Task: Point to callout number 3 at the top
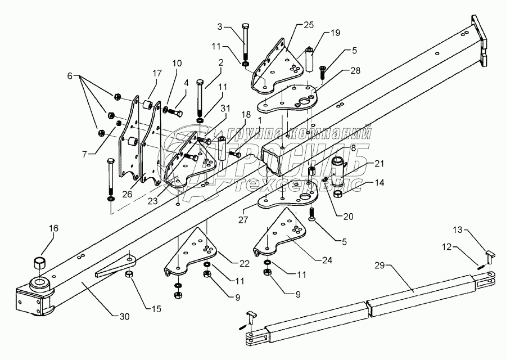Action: click(219, 27)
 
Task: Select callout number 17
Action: click(156, 73)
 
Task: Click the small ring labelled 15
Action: click(129, 274)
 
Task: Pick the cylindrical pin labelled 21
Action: click(339, 171)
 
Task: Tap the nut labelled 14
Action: click(338, 195)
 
